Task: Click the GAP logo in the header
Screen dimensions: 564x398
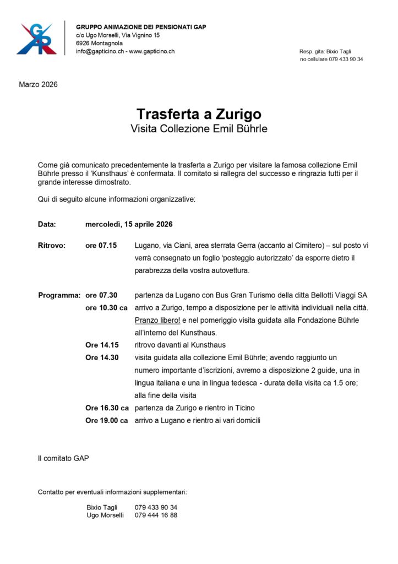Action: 36,39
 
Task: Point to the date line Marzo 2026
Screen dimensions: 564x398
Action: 38,85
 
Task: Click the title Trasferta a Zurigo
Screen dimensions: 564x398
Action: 199,114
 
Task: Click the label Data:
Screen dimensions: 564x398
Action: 47,224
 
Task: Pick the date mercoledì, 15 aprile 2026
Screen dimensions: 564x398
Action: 129,224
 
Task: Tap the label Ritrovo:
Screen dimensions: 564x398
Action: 52,246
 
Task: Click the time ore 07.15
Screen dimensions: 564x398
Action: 101,246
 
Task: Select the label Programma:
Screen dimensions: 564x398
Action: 59,295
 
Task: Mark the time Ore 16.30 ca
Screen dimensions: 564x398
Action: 107,408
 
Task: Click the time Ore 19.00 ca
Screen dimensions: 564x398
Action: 107,420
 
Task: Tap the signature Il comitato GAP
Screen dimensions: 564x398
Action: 63,458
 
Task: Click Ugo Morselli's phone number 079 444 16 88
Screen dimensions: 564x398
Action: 156,515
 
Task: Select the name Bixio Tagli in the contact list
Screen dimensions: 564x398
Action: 102,507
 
